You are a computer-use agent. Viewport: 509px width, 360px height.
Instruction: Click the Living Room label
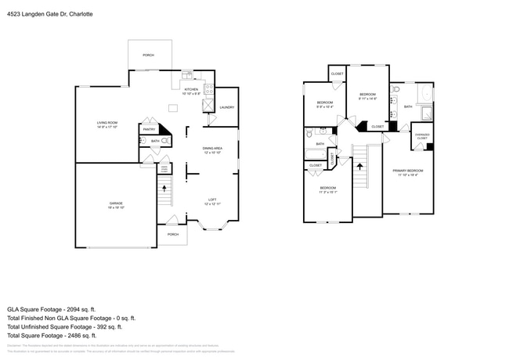click(x=106, y=124)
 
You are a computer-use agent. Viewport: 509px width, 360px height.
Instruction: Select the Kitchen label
click(x=191, y=90)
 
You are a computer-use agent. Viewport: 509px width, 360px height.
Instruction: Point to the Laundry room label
click(x=227, y=107)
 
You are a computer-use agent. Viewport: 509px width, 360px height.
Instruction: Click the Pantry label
click(x=148, y=129)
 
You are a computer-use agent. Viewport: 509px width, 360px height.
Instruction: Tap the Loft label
click(x=211, y=201)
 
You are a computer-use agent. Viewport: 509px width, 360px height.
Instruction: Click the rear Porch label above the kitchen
click(x=147, y=56)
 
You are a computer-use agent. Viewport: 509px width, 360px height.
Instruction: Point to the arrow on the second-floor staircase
click(x=360, y=165)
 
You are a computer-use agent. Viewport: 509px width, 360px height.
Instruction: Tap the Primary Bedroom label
click(x=410, y=171)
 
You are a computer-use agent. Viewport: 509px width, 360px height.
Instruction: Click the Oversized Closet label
click(x=421, y=136)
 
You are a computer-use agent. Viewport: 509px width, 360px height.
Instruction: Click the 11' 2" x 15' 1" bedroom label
click(x=327, y=189)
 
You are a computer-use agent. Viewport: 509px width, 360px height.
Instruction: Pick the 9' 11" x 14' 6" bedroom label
click(x=367, y=97)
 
